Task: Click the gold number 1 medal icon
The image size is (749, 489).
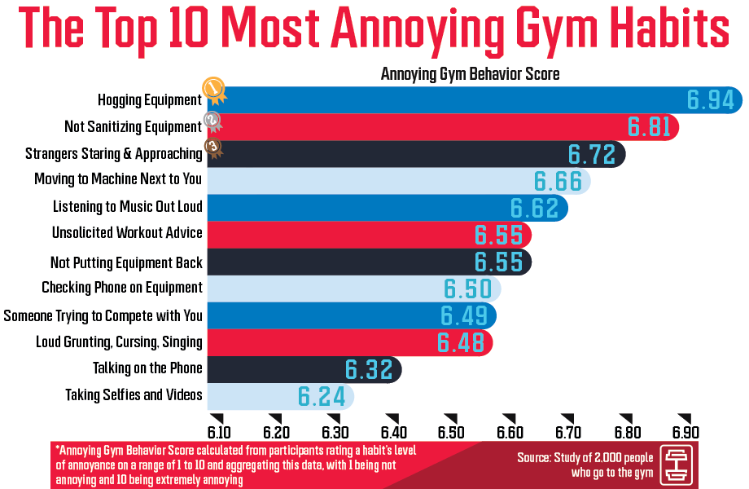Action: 213,88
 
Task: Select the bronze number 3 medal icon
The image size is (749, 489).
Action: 212,148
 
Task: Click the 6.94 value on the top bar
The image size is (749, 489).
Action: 711,100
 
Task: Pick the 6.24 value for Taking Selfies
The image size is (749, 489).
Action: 321,397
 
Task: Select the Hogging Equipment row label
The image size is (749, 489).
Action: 150,100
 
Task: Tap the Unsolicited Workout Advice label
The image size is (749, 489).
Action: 127,233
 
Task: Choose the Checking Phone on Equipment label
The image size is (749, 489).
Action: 122,288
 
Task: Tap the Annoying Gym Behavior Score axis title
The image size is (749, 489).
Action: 470,74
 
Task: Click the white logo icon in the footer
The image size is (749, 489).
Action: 679,464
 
